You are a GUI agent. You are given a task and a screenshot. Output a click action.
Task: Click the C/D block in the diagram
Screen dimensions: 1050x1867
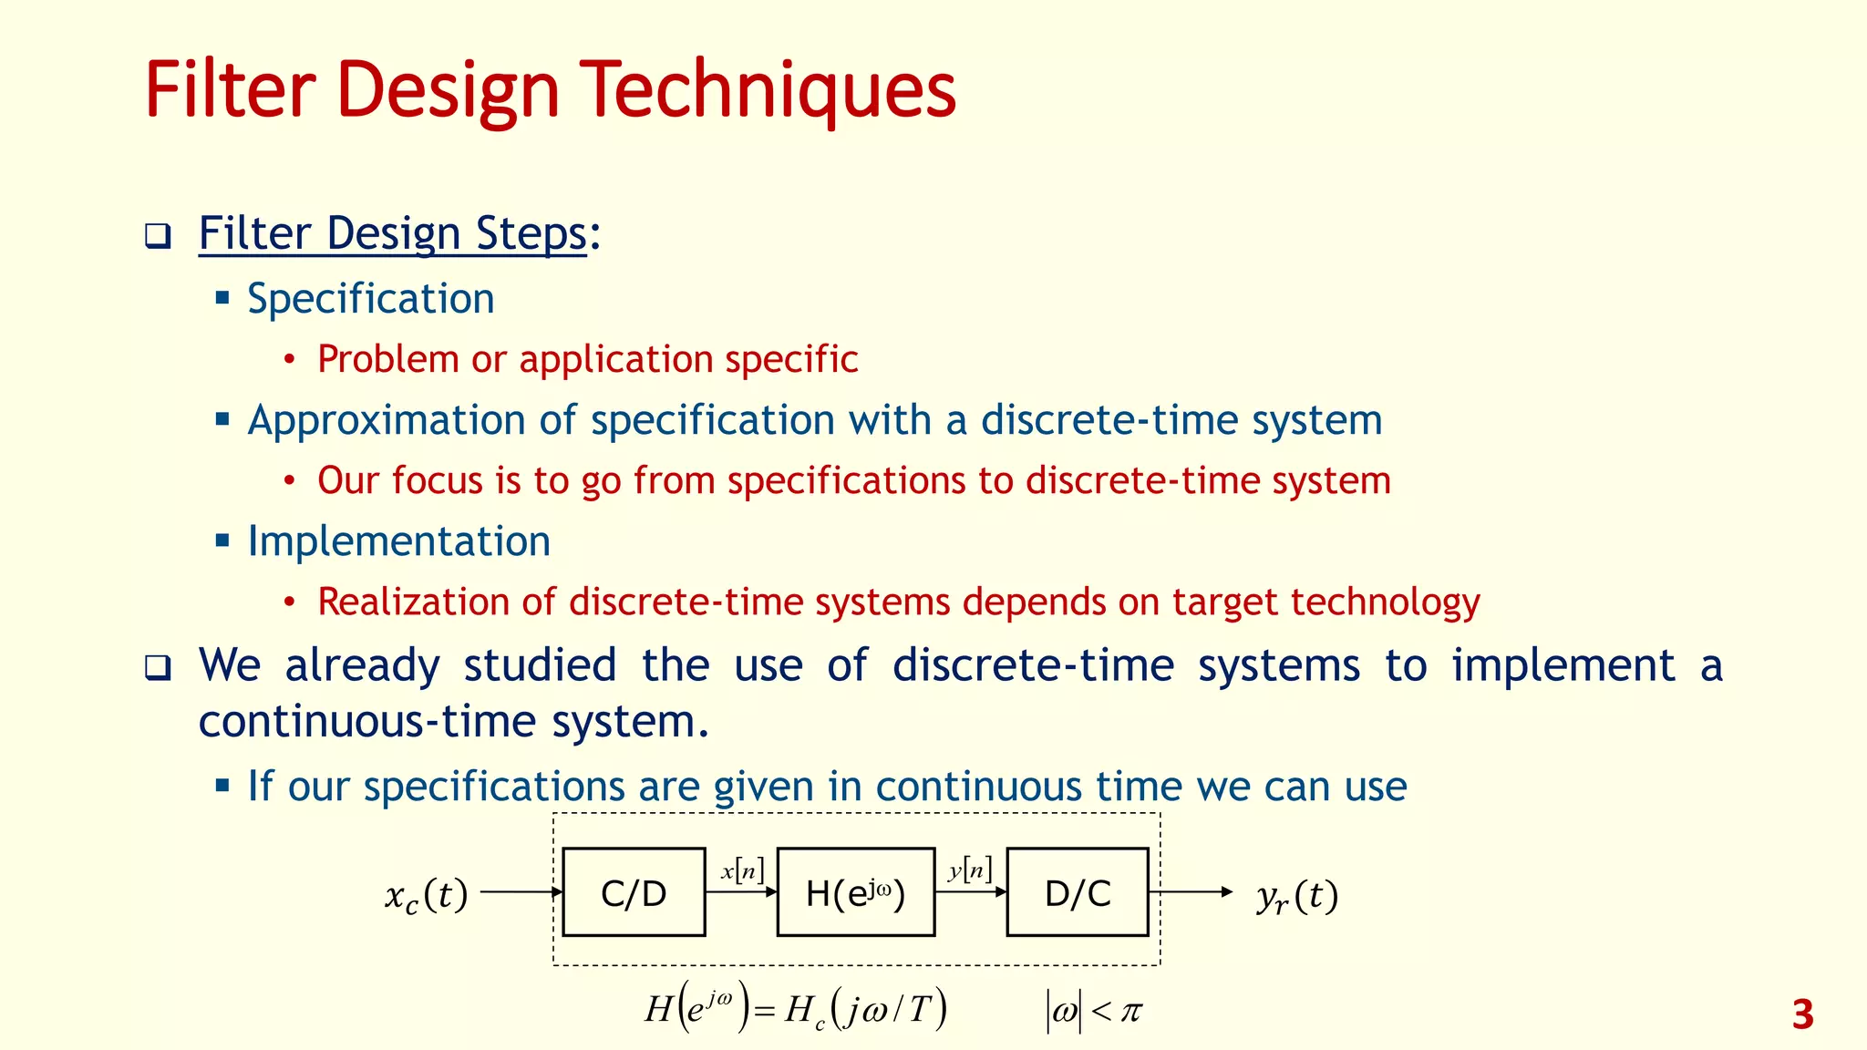634,892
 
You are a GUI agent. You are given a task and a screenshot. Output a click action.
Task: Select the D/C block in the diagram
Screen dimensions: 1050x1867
1078,892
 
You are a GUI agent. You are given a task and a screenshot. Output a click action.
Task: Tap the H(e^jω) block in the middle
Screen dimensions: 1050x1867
855,892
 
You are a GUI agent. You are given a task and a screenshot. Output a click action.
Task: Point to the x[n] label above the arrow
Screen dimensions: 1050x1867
742,870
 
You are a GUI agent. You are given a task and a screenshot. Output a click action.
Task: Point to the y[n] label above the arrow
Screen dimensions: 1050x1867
970,870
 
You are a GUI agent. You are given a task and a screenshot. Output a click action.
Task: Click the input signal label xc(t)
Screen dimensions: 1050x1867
427,895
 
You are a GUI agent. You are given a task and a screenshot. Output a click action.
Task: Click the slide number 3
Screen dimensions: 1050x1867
1802,1014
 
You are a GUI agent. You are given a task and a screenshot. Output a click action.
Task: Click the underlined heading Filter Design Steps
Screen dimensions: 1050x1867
393,233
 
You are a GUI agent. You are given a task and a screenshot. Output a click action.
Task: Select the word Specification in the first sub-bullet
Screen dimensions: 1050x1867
371,299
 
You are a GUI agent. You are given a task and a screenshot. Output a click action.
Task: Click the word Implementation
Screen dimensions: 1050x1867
399,541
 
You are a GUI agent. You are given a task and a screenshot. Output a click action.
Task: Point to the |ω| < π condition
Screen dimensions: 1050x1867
1094,1011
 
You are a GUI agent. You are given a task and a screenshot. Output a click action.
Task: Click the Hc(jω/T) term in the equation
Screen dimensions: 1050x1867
865,1010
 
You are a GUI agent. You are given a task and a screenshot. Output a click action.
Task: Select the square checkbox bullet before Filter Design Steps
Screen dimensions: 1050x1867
158,236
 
